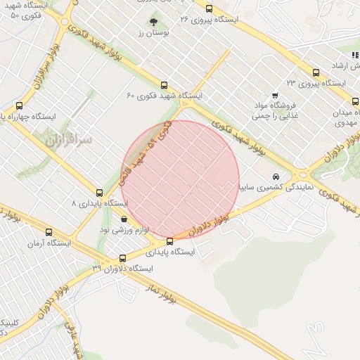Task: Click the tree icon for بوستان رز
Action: click(154, 22)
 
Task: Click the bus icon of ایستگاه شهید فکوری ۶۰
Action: click(165, 84)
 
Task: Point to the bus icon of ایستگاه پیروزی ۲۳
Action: click(315, 72)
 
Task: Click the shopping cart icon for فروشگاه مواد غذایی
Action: click(274, 96)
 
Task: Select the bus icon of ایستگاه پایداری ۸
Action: click(99, 193)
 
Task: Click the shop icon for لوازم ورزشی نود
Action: click(124, 220)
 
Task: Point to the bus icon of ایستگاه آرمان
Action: click(49, 232)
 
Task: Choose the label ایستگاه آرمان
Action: click(45, 243)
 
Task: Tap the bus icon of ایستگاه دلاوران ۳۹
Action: click(123, 258)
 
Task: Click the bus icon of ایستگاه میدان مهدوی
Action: click(356, 101)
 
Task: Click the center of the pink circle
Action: click(181, 179)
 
